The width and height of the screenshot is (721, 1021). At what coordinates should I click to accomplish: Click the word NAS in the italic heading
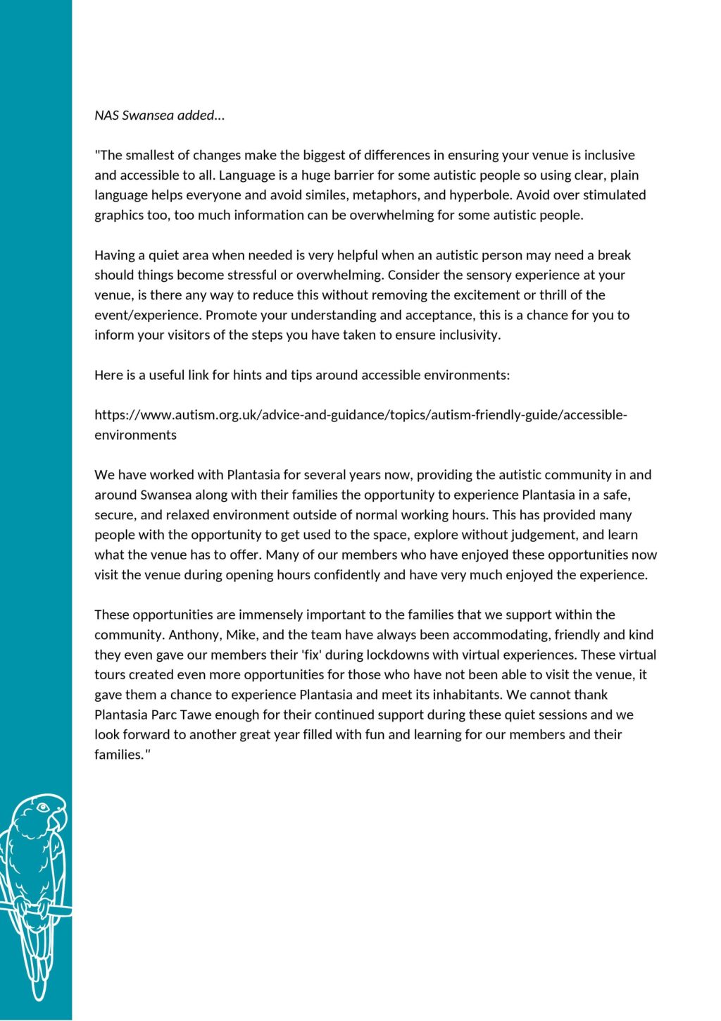click(x=107, y=116)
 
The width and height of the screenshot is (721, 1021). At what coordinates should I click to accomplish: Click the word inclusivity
click(x=465, y=335)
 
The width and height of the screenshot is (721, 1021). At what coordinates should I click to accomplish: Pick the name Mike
click(x=242, y=636)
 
